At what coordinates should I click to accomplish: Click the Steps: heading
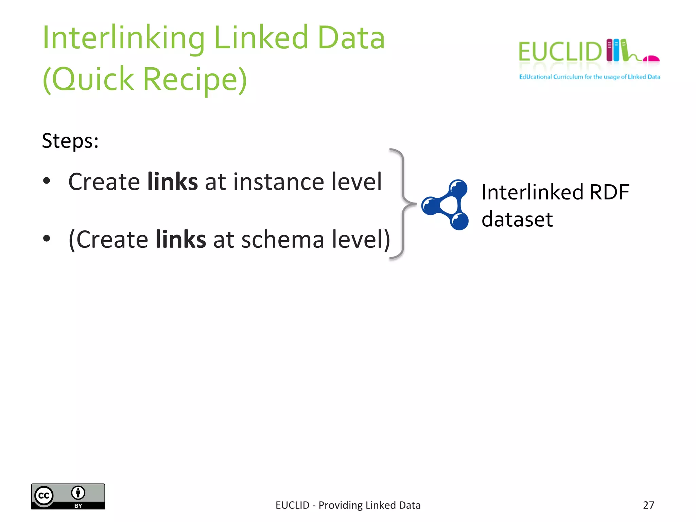70,141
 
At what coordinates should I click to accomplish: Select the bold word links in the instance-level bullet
173,182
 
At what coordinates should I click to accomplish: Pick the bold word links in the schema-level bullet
181,239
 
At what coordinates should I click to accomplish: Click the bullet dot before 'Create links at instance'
47,181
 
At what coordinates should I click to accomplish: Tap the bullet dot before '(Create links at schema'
47,238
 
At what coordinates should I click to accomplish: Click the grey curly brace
403,204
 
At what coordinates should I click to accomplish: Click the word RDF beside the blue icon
609,192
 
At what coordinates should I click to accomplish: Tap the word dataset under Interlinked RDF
517,219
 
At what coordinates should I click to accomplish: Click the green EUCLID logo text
560,52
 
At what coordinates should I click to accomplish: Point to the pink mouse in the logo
651,59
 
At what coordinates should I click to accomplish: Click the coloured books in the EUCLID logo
616,50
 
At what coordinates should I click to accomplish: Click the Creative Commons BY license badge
68,497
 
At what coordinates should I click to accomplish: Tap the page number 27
648,505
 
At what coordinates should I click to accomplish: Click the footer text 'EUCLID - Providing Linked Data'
348,505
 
